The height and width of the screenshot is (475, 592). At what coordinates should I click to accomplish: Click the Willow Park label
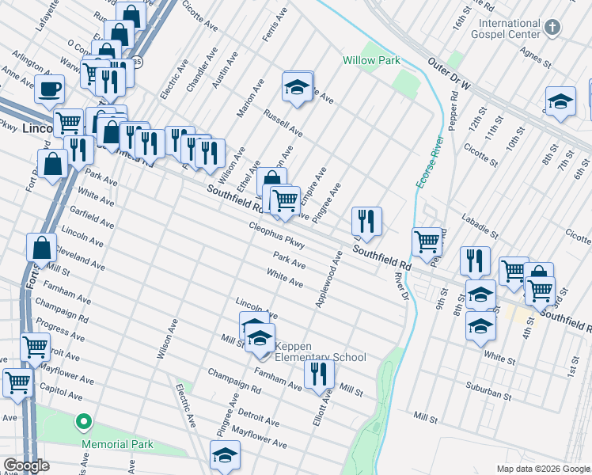click(x=371, y=60)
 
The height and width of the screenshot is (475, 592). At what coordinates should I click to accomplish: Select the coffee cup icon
click(x=49, y=89)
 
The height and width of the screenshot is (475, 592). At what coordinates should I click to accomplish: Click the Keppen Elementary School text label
click(x=320, y=351)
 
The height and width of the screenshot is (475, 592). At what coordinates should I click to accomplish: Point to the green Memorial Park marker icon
click(x=82, y=422)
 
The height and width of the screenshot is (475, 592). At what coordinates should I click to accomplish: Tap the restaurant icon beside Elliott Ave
click(x=319, y=373)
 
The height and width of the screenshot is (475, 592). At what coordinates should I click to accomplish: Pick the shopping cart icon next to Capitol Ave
click(x=17, y=382)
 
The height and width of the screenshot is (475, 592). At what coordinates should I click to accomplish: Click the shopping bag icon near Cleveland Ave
click(x=41, y=247)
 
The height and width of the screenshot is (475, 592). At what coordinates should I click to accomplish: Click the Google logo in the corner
click(x=26, y=465)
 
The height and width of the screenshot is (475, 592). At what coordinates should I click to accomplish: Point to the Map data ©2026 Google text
click(x=543, y=469)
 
